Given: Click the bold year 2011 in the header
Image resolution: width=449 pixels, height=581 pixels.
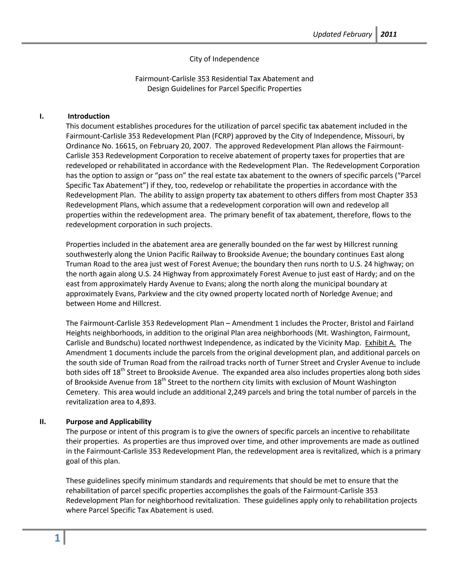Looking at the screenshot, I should pos(389,34).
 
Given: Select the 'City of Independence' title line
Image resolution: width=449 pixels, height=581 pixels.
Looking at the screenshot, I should pos(224,59).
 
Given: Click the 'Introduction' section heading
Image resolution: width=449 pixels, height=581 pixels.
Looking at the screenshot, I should pos(89,116).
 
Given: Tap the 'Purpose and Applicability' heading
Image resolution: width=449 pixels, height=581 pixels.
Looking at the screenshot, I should pos(109,422).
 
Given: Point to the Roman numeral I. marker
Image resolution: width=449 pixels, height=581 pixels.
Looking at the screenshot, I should pos(42,116).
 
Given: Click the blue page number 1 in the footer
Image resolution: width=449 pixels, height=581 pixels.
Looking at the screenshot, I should pos(57,538).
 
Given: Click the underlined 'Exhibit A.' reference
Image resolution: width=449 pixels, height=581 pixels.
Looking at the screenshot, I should pos(380,343).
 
